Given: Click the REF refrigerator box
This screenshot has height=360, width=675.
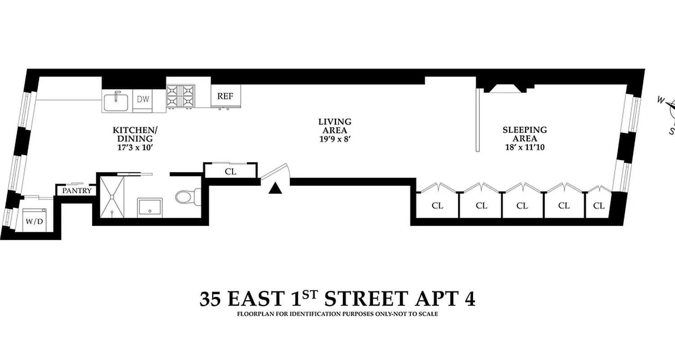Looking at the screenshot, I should [225, 96].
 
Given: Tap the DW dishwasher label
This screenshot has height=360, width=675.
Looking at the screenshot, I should [143, 99].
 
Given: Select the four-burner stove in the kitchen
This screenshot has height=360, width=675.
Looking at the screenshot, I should [180, 97].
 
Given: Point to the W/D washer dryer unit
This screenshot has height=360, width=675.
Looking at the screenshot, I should [35, 220].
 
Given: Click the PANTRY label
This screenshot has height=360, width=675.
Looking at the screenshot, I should [76, 191].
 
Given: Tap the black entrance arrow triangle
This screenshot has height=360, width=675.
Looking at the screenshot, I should [275, 189].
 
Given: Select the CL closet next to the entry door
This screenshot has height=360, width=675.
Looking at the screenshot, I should [230, 172].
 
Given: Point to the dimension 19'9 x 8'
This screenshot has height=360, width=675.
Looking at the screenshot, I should [335, 139].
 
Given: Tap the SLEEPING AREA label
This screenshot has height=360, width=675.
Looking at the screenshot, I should [525, 134].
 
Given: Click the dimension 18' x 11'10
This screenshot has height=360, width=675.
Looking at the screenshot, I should [525, 147].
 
